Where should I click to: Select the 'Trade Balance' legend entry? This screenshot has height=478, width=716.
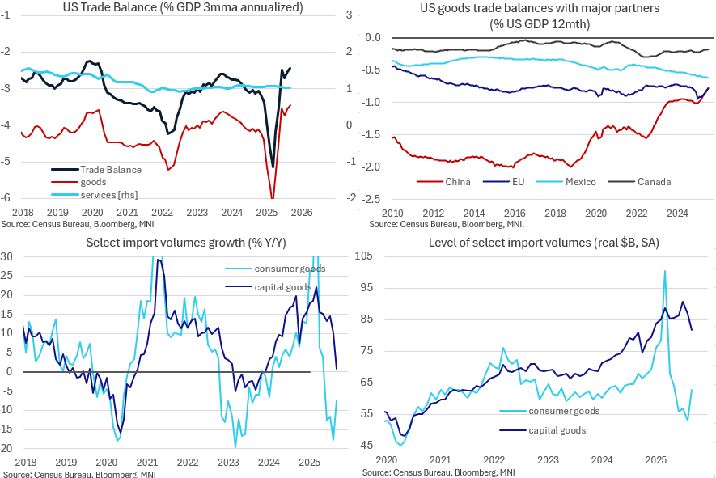(x=110, y=169)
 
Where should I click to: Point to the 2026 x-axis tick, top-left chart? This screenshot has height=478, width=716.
(x=302, y=212)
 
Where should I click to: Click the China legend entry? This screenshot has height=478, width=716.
(x=458, y=182)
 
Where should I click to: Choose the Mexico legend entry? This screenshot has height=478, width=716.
(x=579, y=182)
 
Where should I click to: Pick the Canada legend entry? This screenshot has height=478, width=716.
(x=654, y=182)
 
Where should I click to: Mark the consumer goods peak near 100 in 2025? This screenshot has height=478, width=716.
(x=664, y=271)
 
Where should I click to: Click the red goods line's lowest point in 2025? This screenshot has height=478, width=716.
(x=272, y=198)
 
